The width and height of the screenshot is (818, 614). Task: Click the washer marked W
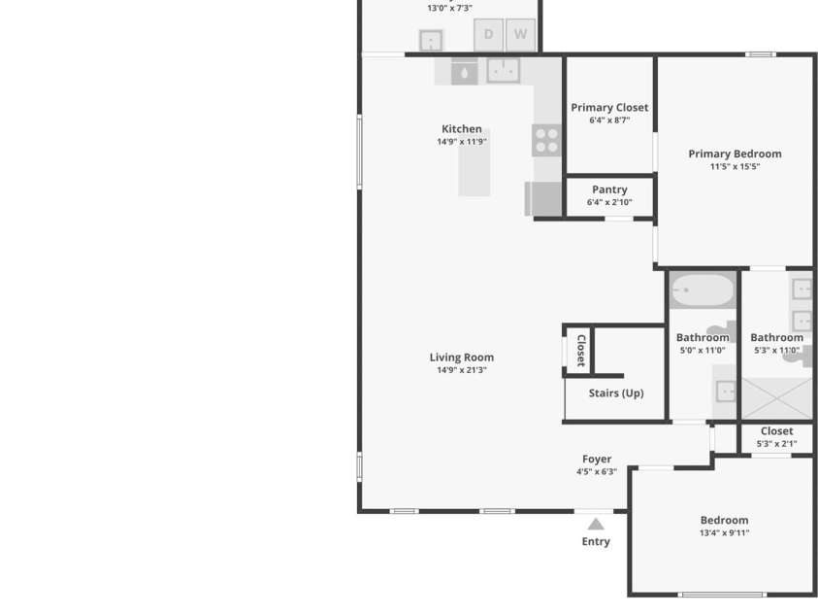(520, 35)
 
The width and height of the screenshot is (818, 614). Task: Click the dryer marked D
(488, 35)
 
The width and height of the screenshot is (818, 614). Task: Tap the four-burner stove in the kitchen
(546, 141)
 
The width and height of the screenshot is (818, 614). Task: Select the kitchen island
(474, 162)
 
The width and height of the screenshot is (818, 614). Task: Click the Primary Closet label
(609, 108)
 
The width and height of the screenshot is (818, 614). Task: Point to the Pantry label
(609, 189)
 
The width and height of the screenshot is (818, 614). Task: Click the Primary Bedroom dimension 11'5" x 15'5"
(735, 167)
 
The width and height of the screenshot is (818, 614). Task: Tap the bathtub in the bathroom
(703, 290)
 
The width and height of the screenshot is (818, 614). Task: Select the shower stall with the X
(776, 398)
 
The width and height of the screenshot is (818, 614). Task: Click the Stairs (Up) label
(615, 393)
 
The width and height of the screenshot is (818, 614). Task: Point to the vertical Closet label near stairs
(580, 350)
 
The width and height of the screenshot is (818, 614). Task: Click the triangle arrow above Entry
(596, 525)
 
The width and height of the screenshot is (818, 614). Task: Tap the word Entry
(596, 542)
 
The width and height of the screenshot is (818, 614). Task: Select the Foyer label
(597, 460)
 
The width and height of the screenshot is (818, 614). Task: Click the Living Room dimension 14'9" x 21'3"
(461, 370)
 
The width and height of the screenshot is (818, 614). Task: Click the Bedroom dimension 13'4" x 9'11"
(724, 533)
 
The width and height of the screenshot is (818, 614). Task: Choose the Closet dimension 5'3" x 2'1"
(776, 444)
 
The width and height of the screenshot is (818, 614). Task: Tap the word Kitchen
(461, 129)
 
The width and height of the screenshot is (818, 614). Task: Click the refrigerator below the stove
(544, 199)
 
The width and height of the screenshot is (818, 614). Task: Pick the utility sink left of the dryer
(430, 41)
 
